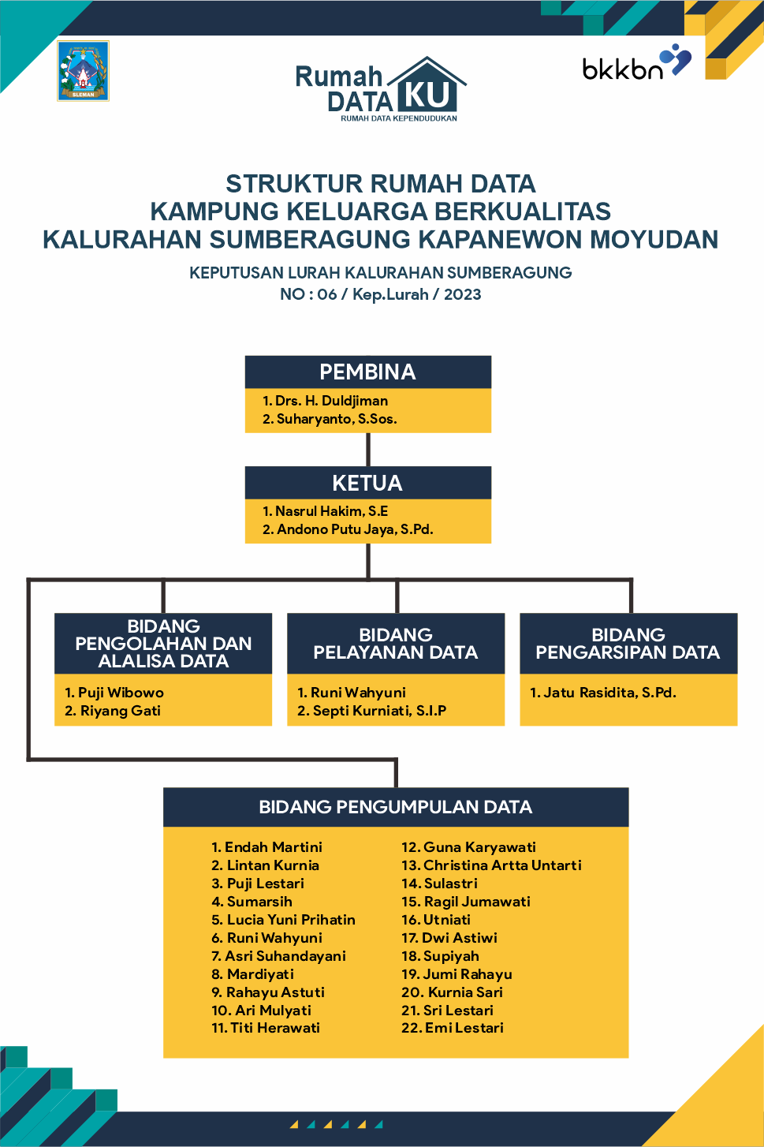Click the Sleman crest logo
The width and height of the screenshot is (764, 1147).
83,71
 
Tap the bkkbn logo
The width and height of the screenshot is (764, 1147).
636,64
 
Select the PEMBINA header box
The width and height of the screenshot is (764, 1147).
367,372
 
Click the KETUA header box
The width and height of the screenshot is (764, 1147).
367,483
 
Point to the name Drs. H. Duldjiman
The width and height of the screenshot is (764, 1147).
325,401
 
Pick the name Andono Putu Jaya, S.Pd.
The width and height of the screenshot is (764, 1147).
348,529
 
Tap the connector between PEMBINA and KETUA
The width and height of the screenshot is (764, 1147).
368,449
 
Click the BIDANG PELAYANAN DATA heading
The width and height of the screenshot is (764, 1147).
395,644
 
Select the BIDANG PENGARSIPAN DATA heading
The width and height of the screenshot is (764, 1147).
628,644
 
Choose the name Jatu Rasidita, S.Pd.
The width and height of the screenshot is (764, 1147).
603,693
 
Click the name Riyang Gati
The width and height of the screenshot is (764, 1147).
113,711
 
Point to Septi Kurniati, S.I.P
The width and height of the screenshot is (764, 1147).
371,711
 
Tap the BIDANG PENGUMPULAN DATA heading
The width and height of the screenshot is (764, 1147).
395,807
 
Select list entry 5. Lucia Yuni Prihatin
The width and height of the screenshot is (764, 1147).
283,920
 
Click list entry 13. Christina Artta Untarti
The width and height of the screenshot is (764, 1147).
491,865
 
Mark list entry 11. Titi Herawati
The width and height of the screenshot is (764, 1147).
266,1028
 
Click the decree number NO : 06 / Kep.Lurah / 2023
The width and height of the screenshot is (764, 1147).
381,294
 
